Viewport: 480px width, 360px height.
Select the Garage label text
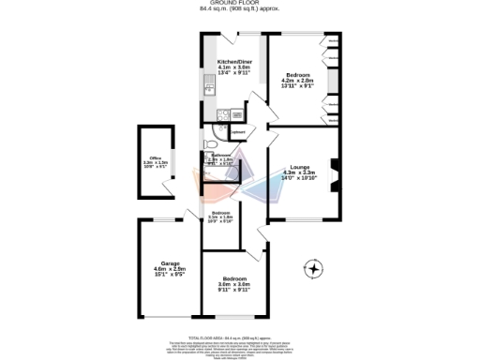(x=170, y=263)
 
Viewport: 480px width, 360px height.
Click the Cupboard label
(x=238, y=133)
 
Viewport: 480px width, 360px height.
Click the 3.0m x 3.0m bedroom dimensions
(x=234, y=284)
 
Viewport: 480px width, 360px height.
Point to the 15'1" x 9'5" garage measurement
(x=170, y=275)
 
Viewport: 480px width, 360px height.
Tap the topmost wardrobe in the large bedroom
(x=334, y=42)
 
